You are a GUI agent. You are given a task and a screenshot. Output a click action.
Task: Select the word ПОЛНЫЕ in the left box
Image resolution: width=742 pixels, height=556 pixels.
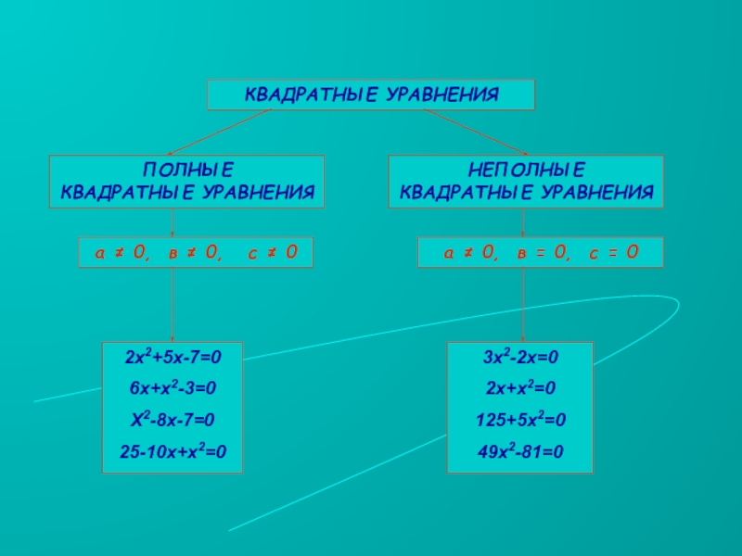[x=186, y=171]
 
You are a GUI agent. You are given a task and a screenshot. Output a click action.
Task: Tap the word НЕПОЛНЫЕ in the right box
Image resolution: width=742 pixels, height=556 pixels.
[x=526, y=171]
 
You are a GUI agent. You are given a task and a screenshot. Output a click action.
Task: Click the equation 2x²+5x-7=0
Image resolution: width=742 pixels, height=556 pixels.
[x=173, y=356]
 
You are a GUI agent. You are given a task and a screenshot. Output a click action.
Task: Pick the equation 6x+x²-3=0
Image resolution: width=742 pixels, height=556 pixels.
[x=173, y=388]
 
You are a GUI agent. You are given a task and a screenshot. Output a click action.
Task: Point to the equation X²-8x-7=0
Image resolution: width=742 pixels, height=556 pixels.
[x=173, y=421]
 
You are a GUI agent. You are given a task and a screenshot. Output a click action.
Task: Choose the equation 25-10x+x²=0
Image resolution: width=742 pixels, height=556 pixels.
[x=173, y=453]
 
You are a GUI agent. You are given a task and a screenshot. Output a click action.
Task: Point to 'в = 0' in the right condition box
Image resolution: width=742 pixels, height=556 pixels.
[x=543, y=252]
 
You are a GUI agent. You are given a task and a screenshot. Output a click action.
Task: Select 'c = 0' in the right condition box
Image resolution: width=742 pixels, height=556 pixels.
[x=614, y=252]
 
